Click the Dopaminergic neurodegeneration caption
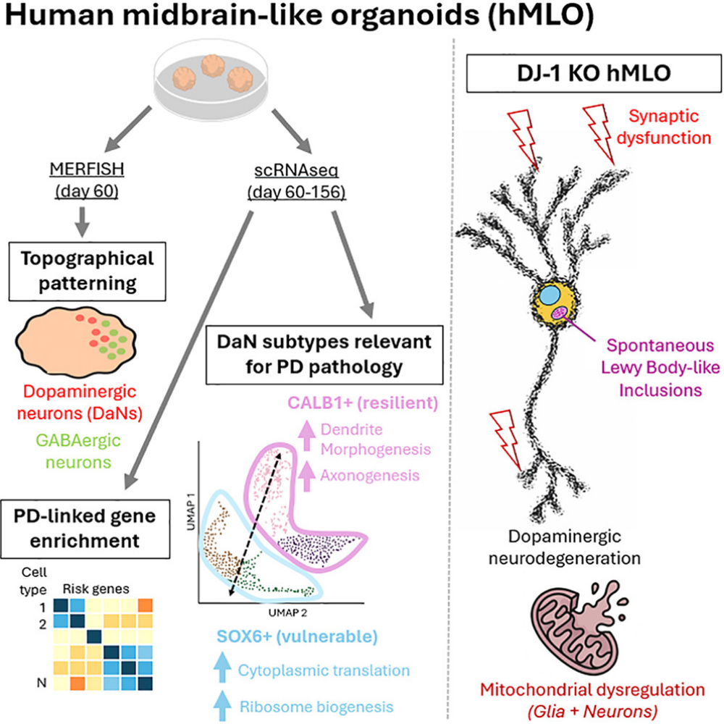pyautogui.click(x=574, y=549)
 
